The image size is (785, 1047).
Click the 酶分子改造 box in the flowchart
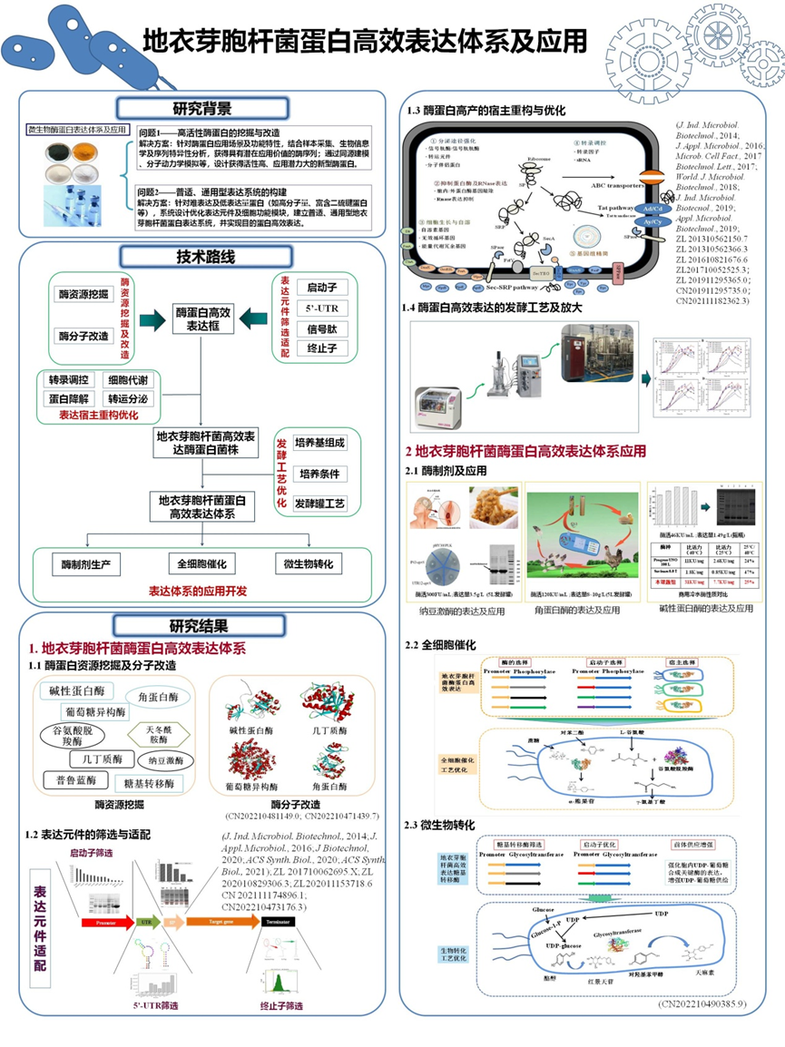pyautogui.click(x=83, y=337)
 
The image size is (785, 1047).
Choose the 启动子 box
pyautogui.click(x=321, y=288)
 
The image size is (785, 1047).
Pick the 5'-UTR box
pyautogui.click(x=321, y=308)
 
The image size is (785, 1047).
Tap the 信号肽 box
pyautogui.click(x=321, y=329)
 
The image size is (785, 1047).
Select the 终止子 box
pyautogui.click(x=321, y=348)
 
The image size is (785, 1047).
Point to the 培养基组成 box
pyautogui.click(x=322, y=443)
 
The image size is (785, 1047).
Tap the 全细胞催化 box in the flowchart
pyautogui.click(x=201, y=563)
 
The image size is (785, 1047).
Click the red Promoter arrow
pyautogui.click(x=107, y=922)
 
